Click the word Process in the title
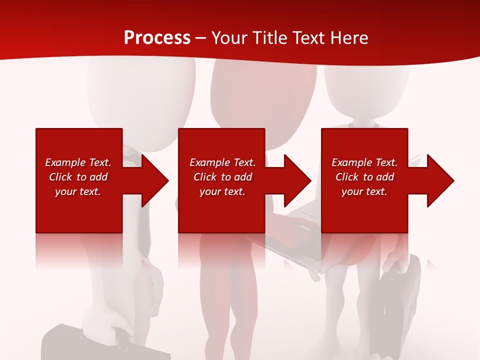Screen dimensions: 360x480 tap(157, 38)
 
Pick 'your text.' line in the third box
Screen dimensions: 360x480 tap(364, 191)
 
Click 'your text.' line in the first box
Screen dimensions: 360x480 tap(78, 191)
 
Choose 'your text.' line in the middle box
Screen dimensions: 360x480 tap(222, 191)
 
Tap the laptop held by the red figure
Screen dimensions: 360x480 tap(300, 235)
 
